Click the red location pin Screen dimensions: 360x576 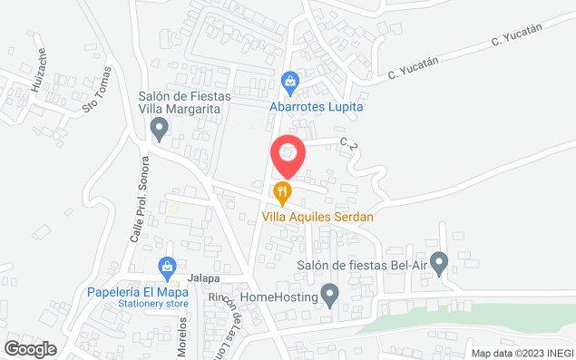click(288, 154)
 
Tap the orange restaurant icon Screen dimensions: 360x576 click(283, 192)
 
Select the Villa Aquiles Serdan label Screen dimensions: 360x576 click(317, 217)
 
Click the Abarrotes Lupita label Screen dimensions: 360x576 click(316, 105)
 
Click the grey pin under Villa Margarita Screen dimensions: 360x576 click(161, 132)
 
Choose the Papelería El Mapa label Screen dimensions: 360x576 click(138, 293)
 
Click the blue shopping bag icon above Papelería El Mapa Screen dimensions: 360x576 click(166, 268)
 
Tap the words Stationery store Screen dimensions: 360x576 click(138, 305)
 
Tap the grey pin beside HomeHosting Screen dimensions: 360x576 click(331, 296)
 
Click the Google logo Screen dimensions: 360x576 click(30, 348)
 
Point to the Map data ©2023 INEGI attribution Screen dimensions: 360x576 click(521, 353)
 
